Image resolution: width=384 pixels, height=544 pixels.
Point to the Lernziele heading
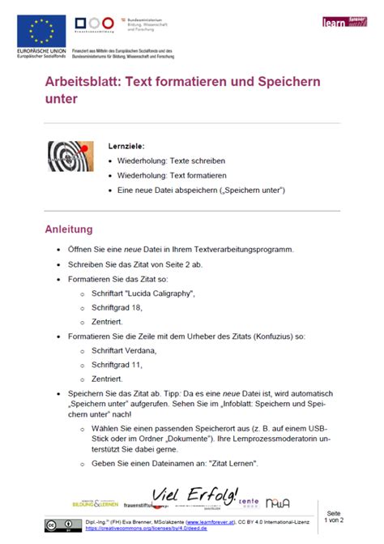126,147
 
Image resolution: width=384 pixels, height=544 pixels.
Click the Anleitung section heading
69,229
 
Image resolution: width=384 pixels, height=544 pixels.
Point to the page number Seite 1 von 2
334,518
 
